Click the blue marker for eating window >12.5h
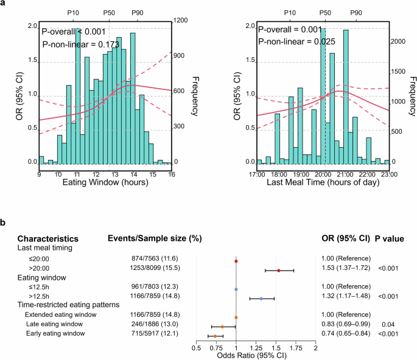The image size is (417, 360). [x=261, y=299]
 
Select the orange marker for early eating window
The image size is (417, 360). [x=215, y=336]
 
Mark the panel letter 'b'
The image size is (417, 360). [x=4, y=223]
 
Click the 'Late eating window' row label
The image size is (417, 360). [x=54, y=327]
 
